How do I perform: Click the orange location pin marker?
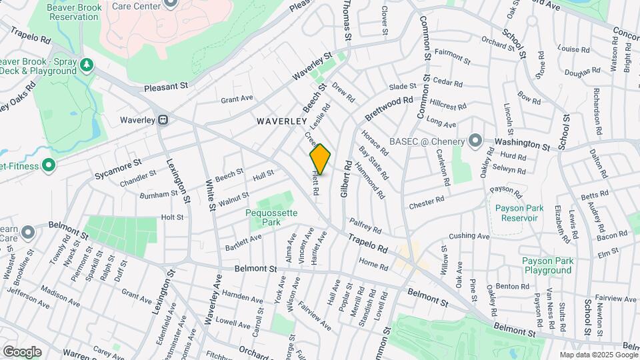click(x=320, y=159)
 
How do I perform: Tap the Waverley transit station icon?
click(x=163, y=120)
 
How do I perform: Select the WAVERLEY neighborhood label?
click(x=282, y=122)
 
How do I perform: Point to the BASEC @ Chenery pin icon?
click(x=475, y=141)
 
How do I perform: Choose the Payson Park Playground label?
click(x=547, y=265)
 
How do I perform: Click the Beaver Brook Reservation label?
click(x=64, y=11)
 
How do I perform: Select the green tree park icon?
click(x=86, y=65)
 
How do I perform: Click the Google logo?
click(x=22, y=351)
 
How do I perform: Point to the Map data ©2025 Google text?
click(x=597, y=355)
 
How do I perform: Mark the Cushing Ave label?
click(x=469, y=236)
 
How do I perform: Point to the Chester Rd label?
click(x=427, y=201)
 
